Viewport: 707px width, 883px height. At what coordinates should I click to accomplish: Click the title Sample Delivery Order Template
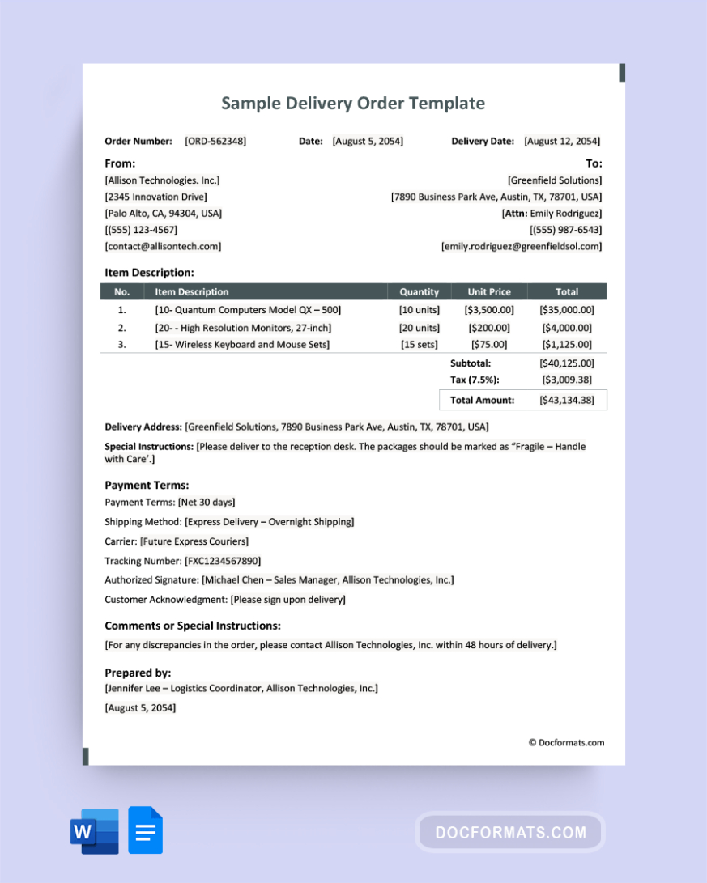(353, 103)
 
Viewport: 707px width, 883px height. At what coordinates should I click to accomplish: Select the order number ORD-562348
(215, 141)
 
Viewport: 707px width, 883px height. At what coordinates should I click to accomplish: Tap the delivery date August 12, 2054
(562, 141)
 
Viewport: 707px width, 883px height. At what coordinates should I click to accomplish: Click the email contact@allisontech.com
(163, 246)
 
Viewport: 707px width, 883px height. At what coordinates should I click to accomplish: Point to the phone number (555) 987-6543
(565, 230)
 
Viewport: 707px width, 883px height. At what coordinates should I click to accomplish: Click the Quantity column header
(419, 291)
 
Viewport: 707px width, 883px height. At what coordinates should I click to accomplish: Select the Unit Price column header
(489, 291)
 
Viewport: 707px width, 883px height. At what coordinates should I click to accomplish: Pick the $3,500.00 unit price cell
(489, 310)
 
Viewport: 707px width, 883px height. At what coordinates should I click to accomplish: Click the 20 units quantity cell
(419, 328)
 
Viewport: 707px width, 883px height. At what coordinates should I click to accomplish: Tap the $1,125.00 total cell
(566, 345)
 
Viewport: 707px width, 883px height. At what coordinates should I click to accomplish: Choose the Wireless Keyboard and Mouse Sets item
(242, 345)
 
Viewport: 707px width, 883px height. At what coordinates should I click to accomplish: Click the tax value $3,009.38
(566, 380)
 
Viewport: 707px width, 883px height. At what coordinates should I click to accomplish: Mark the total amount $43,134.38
(566, 400)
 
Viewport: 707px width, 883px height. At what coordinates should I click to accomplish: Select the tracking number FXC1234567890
(223, 561)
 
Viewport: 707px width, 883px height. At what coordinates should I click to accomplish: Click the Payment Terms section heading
(147, 485)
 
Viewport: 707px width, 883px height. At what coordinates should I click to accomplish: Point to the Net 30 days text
(207, 503)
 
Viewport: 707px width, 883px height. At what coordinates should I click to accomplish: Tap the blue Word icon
(94, 831)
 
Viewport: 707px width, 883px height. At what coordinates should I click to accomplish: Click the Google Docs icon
(146, 830)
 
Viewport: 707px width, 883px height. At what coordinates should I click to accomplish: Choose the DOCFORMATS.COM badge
(510, 832)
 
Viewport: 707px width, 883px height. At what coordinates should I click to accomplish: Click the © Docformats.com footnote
(566, 742)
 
